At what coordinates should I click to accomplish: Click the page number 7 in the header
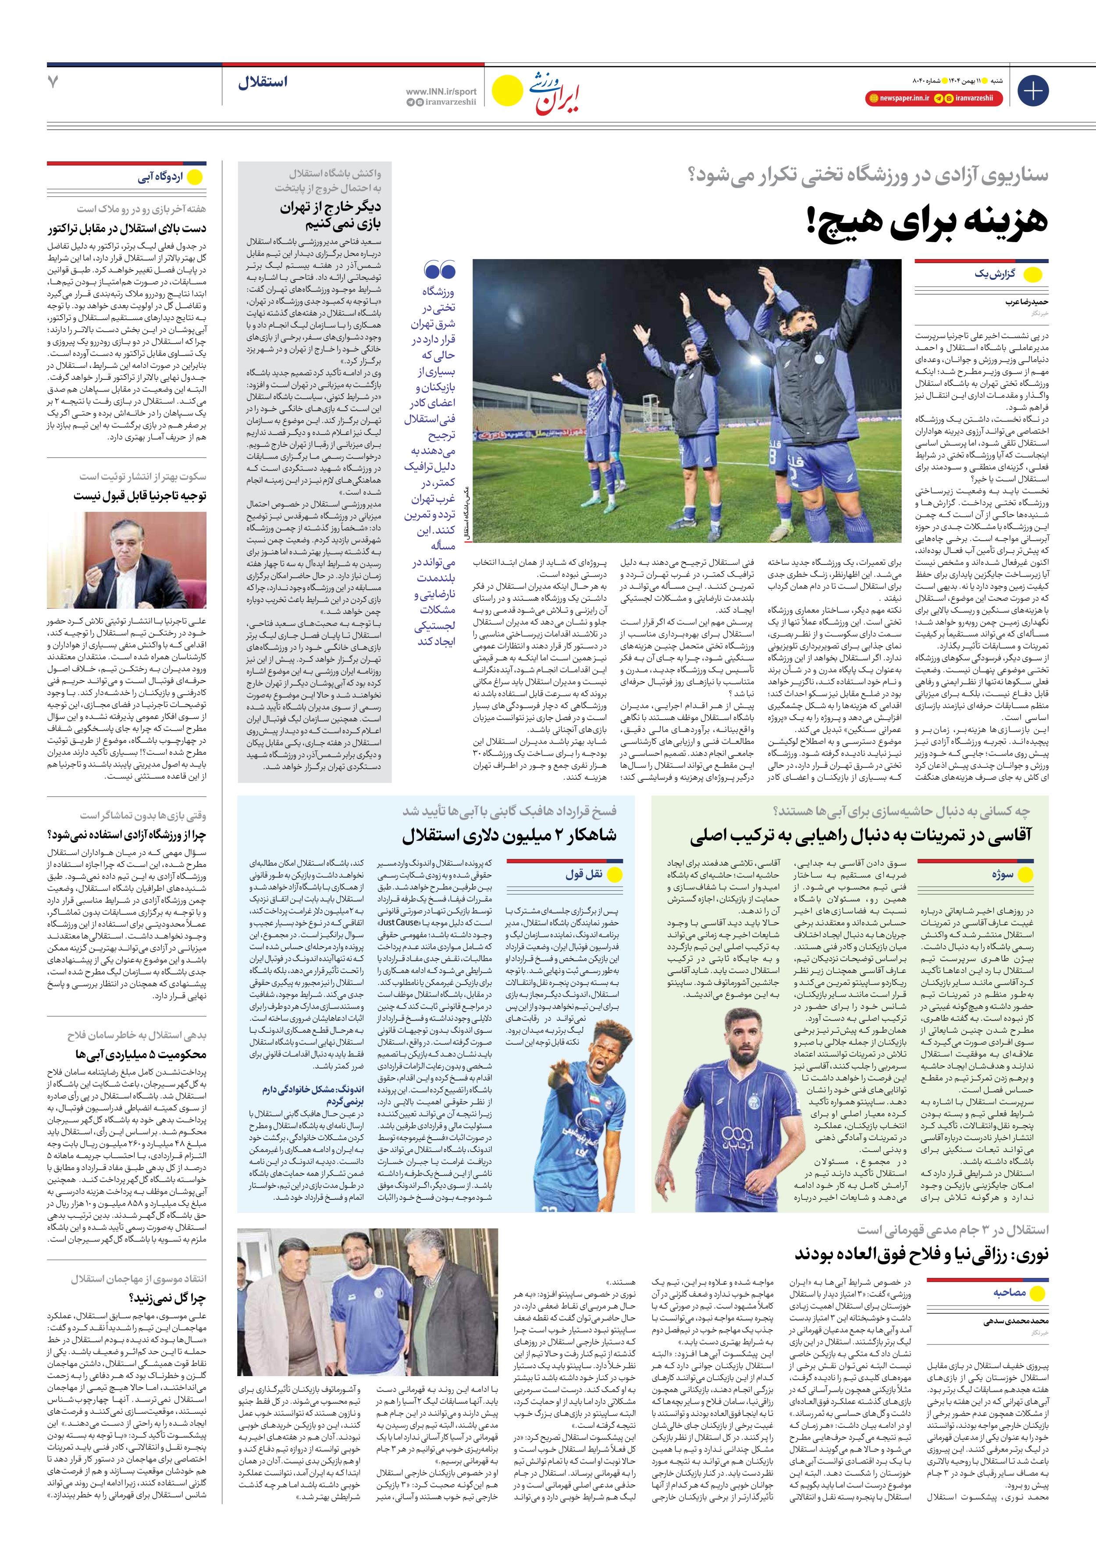coord(53,82)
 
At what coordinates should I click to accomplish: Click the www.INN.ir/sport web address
coord(441,91)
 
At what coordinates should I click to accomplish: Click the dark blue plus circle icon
coord(1032,91)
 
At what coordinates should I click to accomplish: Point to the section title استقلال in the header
coord(263,82)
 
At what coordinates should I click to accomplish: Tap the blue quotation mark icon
coord(439,270)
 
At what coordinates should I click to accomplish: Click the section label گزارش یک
coord(995,274)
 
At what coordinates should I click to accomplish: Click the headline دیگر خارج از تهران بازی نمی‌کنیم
coord(331,215)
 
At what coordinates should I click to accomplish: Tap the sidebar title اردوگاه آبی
coord(160,177)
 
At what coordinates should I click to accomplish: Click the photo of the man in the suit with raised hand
coord(127,560)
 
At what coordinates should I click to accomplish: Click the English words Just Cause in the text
coord(399,922)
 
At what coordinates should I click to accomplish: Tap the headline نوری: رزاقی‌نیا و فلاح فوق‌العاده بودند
coord(921,1254)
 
